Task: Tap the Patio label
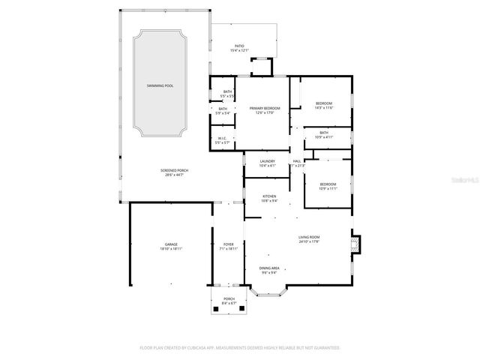tap(239, 46)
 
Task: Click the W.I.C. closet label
tap(222, 138)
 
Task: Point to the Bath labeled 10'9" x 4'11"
tap(323, 133)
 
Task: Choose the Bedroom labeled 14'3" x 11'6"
tap(323, 103)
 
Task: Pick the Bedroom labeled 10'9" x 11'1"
tap(328, 184)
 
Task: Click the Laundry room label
tap(267, 161)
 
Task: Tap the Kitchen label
tap(268, 196)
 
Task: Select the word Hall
tap(297, 161)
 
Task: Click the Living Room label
tap(309, 238)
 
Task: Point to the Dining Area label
tap(269, 268)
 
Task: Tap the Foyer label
tap(228, 244)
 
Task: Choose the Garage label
tap(172, 244)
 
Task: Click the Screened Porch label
tap(174, 171)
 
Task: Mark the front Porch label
tap(228, 298)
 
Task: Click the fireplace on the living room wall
tap(355, 243)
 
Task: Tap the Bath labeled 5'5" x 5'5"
tap(227, 93)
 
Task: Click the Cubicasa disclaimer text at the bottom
tap(240, 347)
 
